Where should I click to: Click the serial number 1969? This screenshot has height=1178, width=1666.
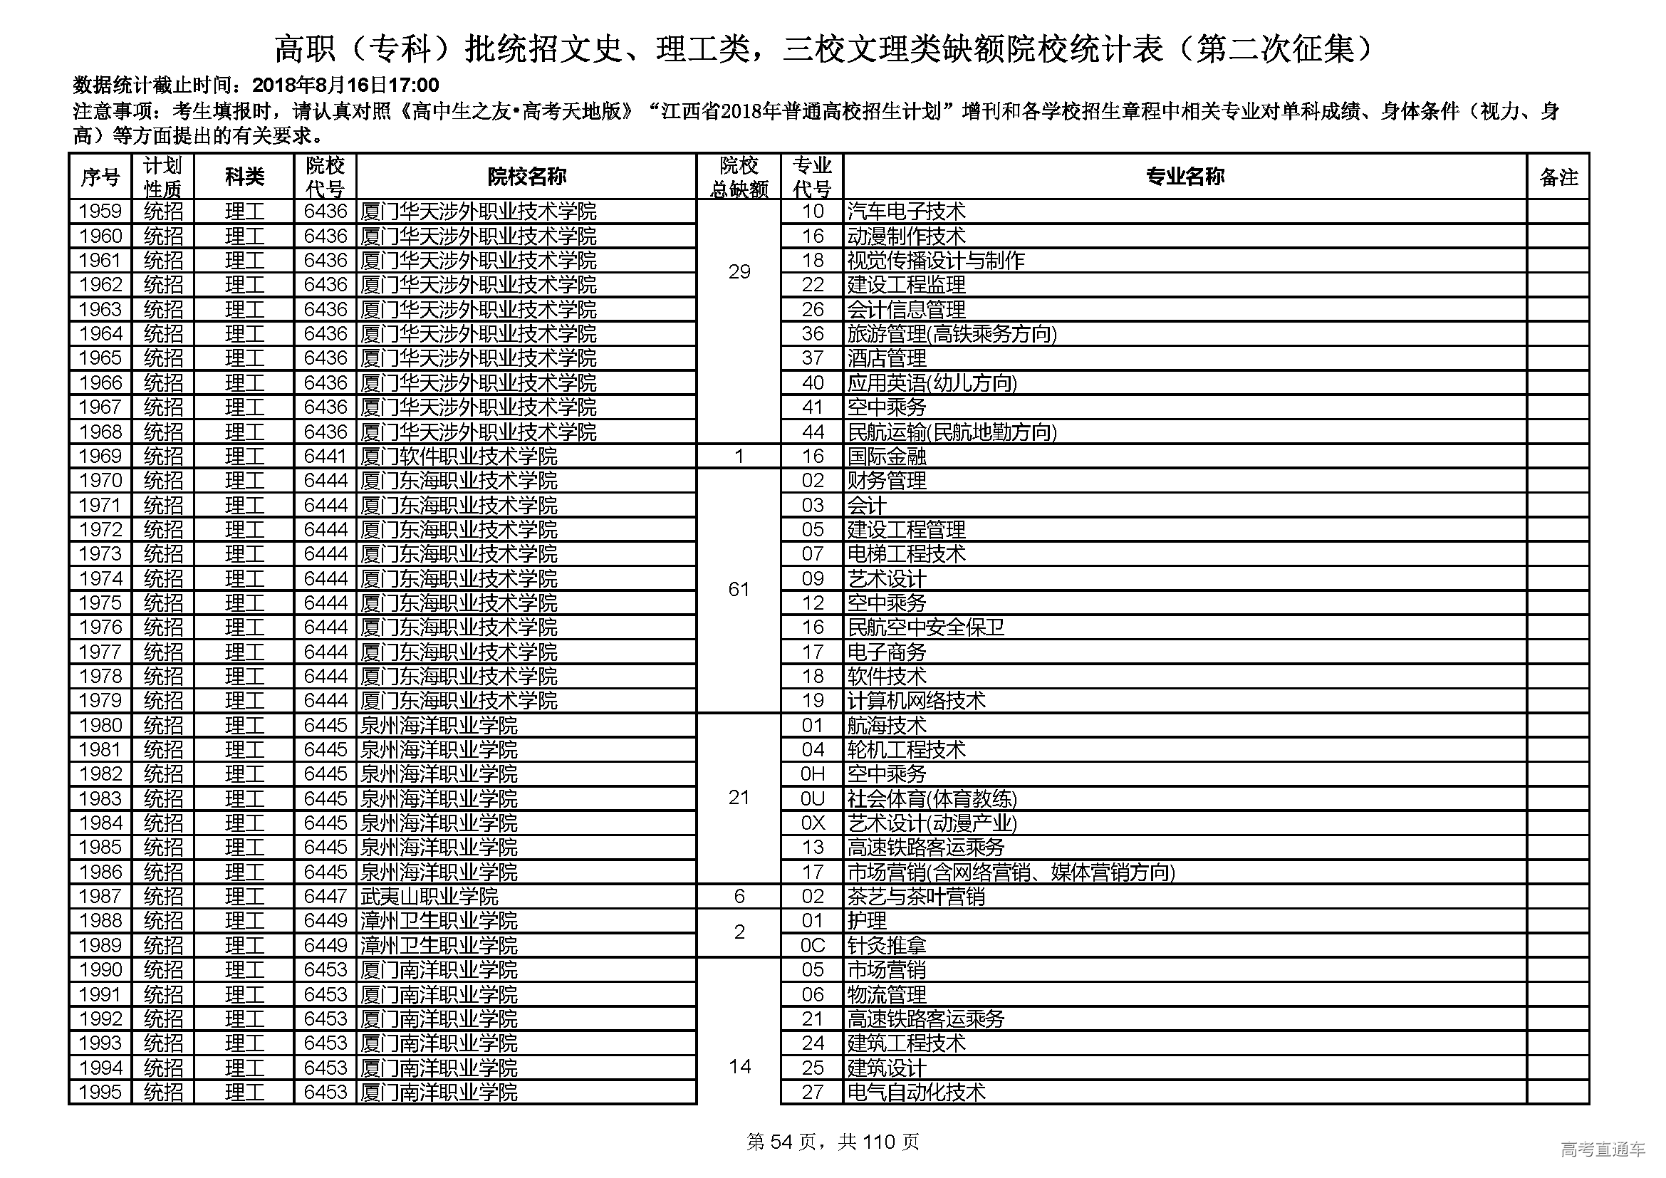(100, 457)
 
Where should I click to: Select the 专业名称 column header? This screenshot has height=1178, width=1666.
(1185, 176)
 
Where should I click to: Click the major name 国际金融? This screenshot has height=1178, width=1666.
(887, 457)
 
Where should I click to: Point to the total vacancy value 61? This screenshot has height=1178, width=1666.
(739, 589)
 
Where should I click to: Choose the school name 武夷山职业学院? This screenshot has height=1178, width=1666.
(429, 897)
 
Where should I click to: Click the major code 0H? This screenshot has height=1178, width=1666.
(812, 774)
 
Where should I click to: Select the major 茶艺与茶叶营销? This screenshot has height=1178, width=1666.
(916, 897)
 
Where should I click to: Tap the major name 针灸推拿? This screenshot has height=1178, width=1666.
(887, 945)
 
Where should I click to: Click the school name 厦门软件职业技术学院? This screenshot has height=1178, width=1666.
(459, 457)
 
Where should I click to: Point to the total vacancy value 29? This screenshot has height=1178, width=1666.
(739, 271)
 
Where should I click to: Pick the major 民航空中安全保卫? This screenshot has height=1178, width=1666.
(926, 627)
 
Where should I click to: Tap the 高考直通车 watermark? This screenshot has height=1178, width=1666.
(1603, 1149)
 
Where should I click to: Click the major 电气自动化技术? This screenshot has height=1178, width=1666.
(916, 1092)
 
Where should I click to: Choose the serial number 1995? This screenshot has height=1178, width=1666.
(100, 1092)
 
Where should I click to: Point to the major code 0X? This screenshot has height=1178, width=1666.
(812, 823)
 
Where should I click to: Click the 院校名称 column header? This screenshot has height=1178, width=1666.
(526, 176)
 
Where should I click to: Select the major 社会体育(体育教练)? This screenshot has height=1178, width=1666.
(932, 798)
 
